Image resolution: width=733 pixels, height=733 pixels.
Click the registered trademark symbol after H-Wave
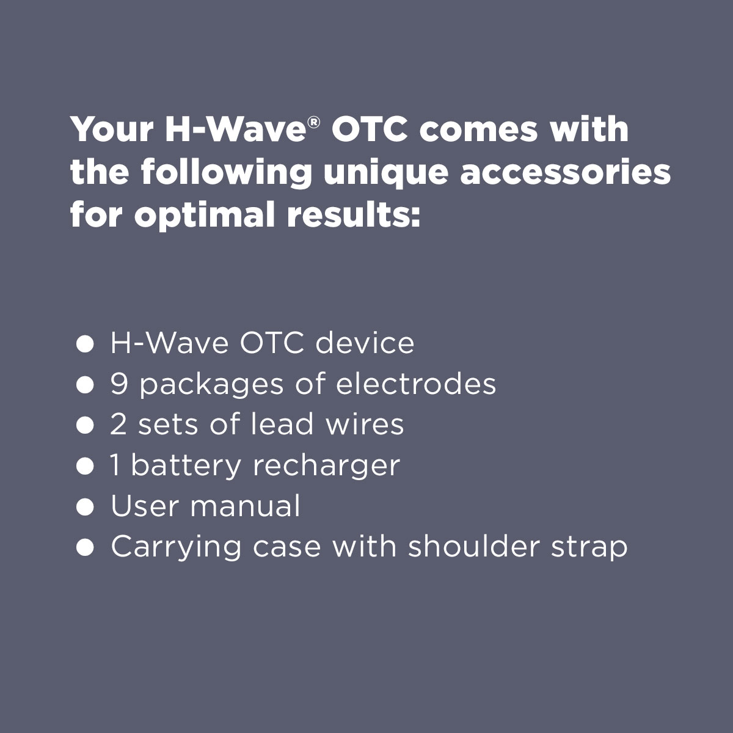[x=314, y=123]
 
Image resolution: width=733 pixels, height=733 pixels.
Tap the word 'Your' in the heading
[x=112, y=129]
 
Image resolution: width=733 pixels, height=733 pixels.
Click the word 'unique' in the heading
[x=385, y=173]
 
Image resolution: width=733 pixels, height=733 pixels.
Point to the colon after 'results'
[x=415, y=217]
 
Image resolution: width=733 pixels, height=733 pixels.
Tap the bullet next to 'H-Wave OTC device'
[x=85, y=344]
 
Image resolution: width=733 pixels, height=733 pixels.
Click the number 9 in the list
[x=119, y=384]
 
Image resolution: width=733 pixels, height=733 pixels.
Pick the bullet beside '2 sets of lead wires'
[x=85, y=425]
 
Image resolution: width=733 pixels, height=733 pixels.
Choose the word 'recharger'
[x=326, y=465]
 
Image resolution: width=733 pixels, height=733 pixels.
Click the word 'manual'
[x=245, y=506]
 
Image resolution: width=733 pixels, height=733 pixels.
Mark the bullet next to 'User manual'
[x=85, y=507]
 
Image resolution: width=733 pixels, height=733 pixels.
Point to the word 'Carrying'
[x=176, y=547]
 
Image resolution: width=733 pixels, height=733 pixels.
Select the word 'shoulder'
[x=474, y=546]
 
